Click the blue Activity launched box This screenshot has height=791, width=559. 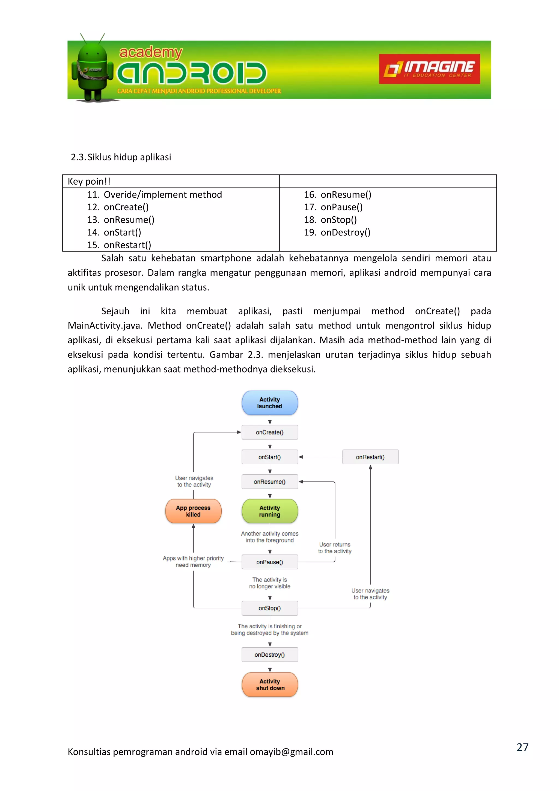(x=269, y=403)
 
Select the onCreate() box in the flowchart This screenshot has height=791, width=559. (x=269, y=432)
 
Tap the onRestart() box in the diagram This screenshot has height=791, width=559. (x=370, y=457)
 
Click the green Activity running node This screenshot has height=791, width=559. (x=269, y=511)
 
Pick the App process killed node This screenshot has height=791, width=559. (x=193, y=511)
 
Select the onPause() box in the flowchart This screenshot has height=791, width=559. (x=269, y=562)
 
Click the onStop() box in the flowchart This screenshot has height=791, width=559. (x=269, y=608)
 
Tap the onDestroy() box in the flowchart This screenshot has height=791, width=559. (x=269, y=655)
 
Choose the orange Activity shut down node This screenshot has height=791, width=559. (x=269, y=684)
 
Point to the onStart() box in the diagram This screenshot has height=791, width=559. (x=269, y=457)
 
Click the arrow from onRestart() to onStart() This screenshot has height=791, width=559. (x=320, y=457)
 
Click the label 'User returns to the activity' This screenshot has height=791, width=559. (x=335, y=548)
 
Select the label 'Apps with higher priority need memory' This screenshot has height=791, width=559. (x=193, y=562)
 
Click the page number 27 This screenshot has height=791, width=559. (x=522, y=747)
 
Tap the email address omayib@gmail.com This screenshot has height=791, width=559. (x=291, y=752)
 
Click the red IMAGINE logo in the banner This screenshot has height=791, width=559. (x=429, y=69)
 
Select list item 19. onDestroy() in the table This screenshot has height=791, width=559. (x=337, y=232)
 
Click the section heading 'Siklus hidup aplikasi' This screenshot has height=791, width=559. (x=129, y=157)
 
